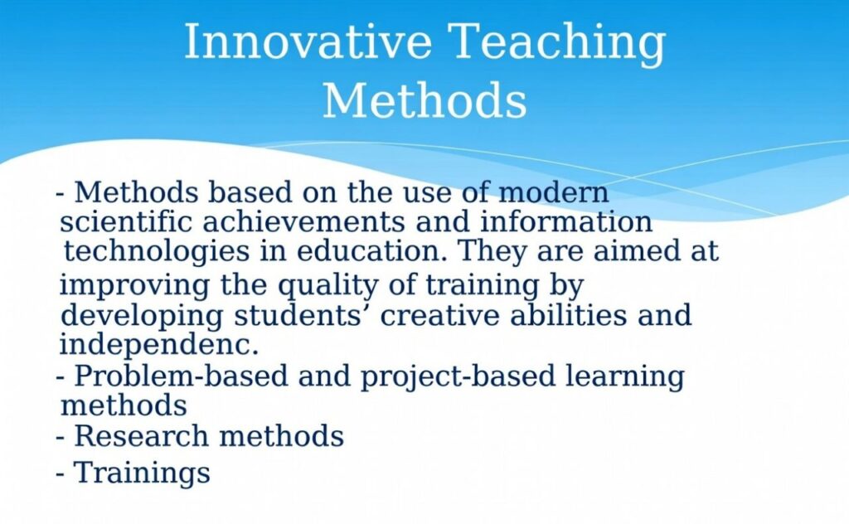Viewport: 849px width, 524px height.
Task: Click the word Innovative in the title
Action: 308,41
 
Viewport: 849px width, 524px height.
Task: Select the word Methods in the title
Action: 424,100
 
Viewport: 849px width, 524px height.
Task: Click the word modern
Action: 553,192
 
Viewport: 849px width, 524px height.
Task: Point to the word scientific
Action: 126,221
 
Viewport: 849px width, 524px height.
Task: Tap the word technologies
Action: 157,252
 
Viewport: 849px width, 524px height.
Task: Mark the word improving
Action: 134,286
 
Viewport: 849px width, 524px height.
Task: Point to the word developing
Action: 142,316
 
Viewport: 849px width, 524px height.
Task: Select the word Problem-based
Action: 181,376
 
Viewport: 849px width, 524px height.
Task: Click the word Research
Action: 141,436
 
